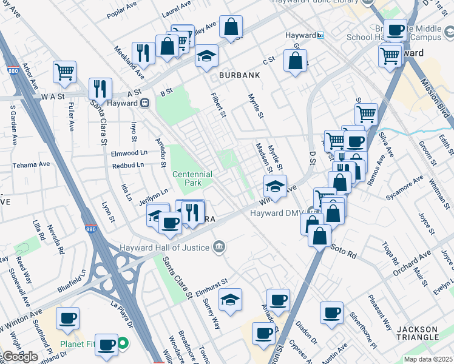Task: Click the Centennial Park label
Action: [192, 178]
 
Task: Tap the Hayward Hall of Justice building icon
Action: [219, 247]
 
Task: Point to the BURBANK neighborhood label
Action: [239, 75]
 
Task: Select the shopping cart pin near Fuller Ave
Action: [64, 72]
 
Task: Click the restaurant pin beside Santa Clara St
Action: [100, 89]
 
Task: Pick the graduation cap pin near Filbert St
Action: [206, 57]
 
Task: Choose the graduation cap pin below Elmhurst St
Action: [230, 300]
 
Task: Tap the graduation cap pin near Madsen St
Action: [275, 186]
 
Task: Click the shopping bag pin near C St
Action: [295, 61]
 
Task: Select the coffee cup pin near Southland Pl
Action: [67, 318]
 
